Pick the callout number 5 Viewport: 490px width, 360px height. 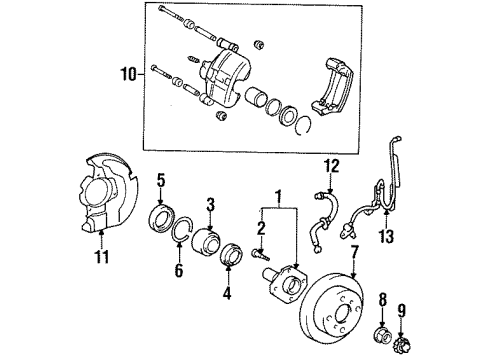tap(160, 180)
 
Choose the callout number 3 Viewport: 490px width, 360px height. tap(211, 204)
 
